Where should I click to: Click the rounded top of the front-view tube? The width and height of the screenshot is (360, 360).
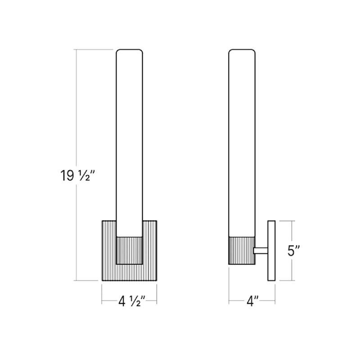tap(130, 51)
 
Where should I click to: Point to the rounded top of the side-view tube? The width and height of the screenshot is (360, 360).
tap(243, 51)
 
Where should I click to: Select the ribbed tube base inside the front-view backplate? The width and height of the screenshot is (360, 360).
tap(130, 250)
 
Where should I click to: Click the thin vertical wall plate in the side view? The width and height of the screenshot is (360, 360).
tap(271, 251)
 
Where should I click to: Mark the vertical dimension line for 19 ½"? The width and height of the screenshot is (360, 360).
tap(76, 112)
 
